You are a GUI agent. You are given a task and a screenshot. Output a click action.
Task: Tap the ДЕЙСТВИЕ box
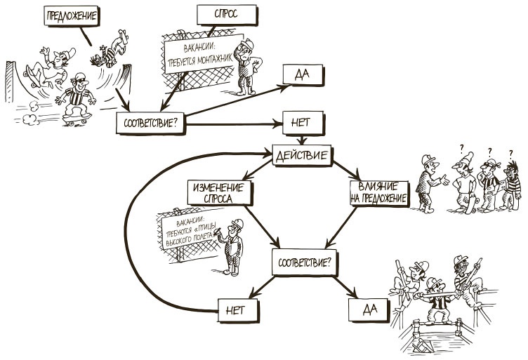(302, 156)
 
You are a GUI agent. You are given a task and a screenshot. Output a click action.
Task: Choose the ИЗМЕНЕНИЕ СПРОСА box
(219, 192)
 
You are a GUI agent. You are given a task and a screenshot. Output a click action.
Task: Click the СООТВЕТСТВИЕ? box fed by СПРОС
(150, 122)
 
